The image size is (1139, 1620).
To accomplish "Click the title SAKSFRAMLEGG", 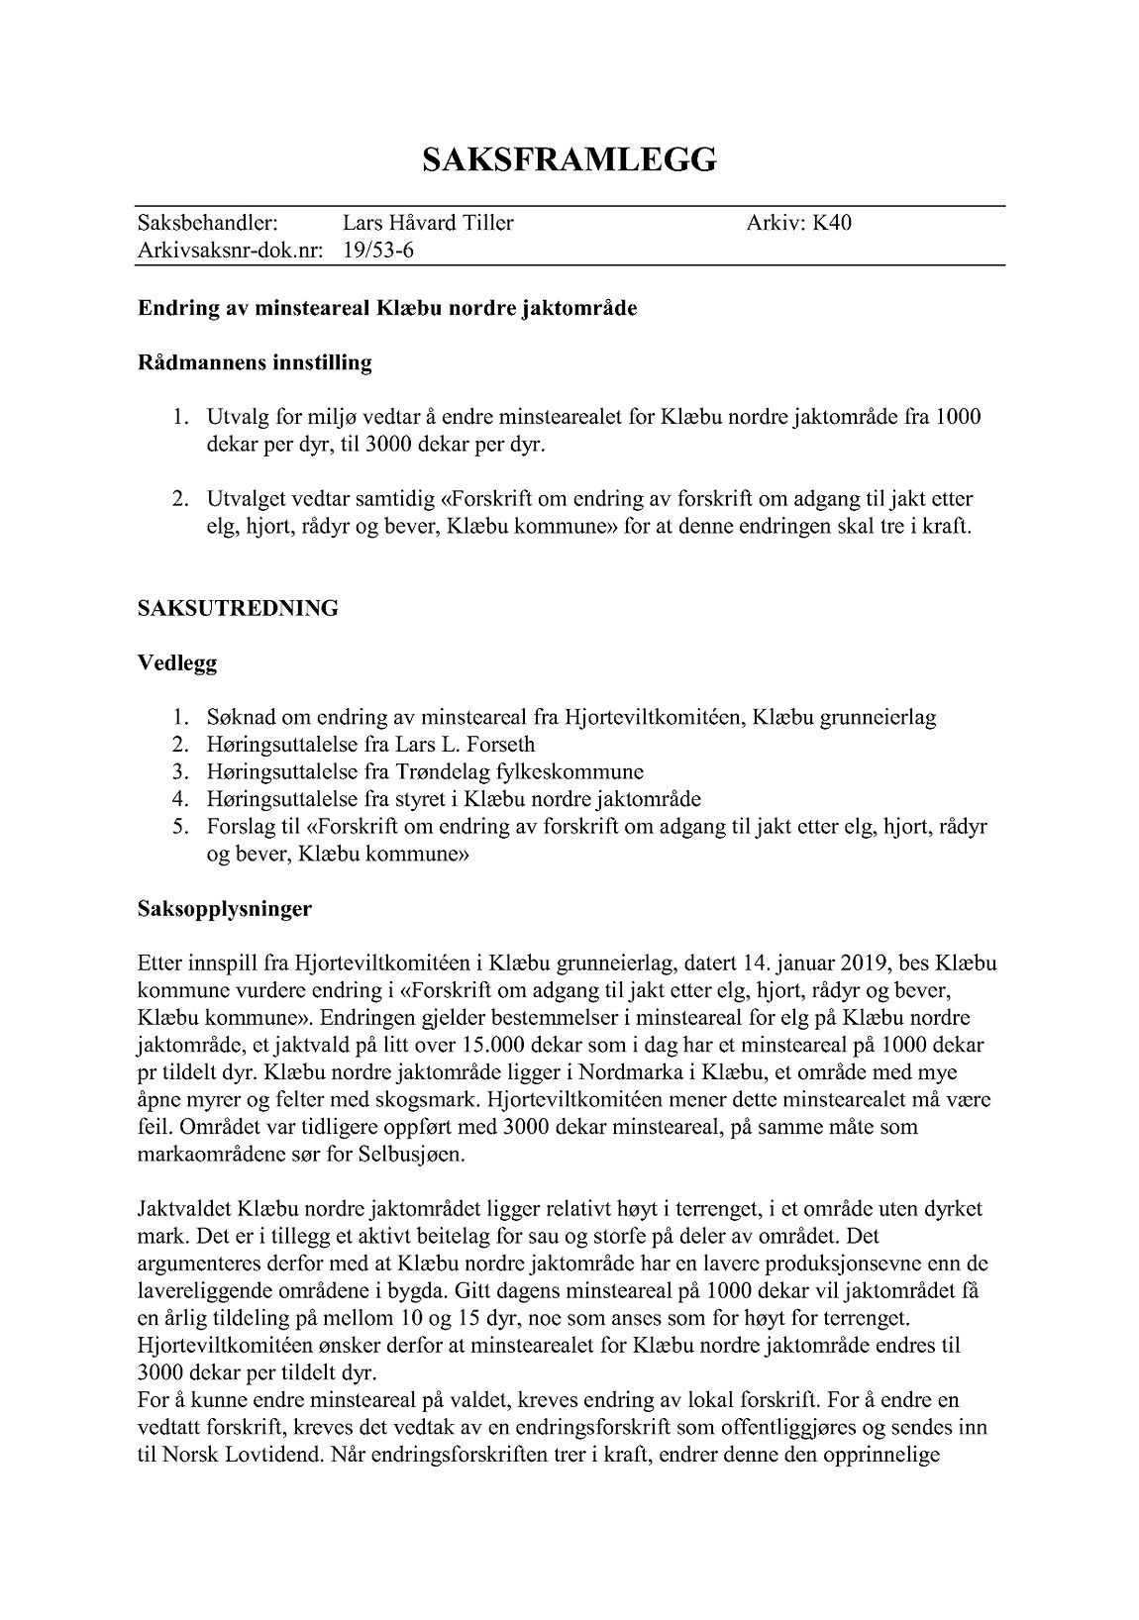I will pos(569,160).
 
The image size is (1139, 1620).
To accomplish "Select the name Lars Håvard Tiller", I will pos(428,223).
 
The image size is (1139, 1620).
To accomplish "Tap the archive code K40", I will pos(832,223).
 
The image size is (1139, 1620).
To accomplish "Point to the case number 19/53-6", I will pos(378,251).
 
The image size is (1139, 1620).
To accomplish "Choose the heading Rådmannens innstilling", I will pos(255,362).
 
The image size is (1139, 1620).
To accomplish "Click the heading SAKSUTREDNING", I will pos(238,608).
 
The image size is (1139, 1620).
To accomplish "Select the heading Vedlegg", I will pos(177,662).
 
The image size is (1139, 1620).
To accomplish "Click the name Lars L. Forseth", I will pos(465,744).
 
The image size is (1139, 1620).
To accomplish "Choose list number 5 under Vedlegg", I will pos(178,826).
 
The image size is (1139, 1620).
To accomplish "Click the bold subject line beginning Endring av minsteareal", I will pos(387,308).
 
